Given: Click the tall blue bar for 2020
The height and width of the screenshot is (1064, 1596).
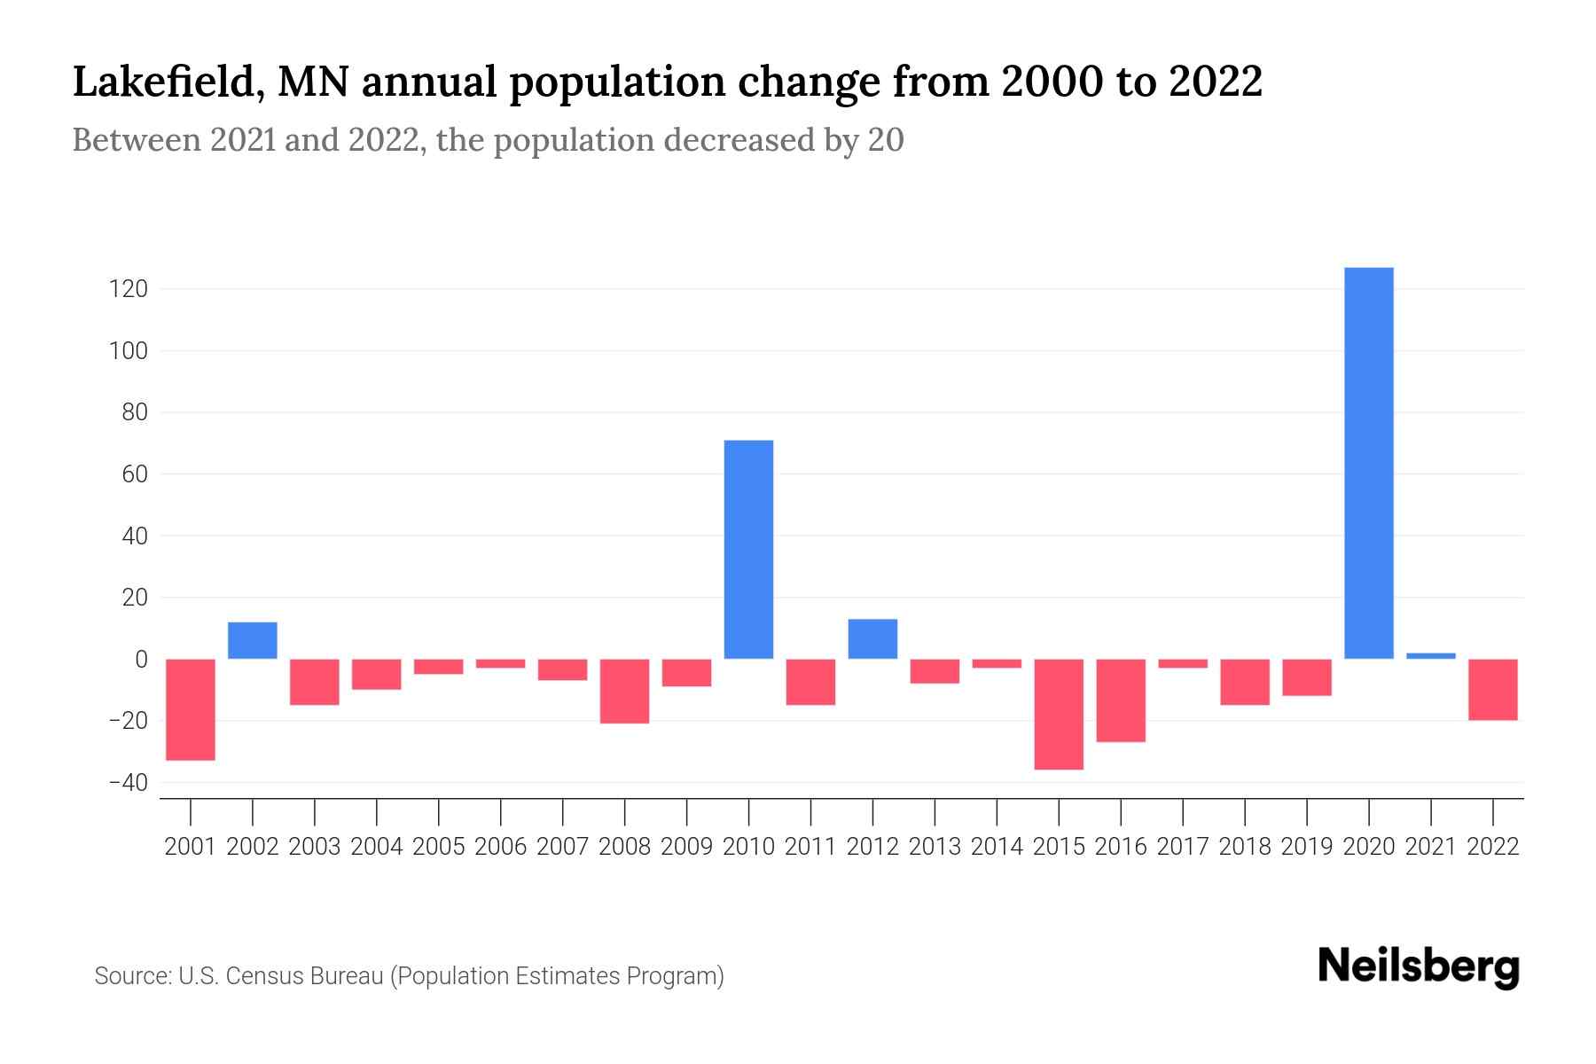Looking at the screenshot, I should point(1368,463).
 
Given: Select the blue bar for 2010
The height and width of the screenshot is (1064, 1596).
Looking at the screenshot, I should point(748,550).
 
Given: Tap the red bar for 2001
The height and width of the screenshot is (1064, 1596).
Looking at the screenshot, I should point(191,709).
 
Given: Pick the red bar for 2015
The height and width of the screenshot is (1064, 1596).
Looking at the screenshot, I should point(1059,714).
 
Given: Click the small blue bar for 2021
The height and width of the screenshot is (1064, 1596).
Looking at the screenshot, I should point(1430,656).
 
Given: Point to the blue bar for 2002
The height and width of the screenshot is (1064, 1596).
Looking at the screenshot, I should point(253,640).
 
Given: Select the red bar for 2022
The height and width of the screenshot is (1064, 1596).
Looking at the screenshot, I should point(1492,689).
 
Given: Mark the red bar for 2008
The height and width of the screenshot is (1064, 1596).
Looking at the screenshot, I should point(624,691).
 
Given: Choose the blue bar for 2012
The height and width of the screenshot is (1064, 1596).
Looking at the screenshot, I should point(872,638).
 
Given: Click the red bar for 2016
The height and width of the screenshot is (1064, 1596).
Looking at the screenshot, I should point(1121,700).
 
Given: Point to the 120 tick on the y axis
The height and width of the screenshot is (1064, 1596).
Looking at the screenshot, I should point(129,289).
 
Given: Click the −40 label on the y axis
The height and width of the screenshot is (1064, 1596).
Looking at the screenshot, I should point(128,783).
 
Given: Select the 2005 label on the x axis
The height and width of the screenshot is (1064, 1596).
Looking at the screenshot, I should point(439,847).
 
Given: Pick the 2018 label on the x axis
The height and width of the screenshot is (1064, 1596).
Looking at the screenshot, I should point(1245,847).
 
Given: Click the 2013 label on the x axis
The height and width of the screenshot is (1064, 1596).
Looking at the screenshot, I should point(935,847).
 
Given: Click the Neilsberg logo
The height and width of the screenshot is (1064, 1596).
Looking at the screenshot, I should point(1419,966).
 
